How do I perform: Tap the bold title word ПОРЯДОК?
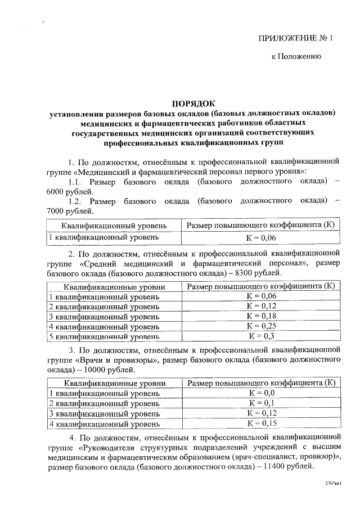pyautogui.click(x=193, y=103)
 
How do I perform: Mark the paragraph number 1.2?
pyautogui.click(x=76, y=201)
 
